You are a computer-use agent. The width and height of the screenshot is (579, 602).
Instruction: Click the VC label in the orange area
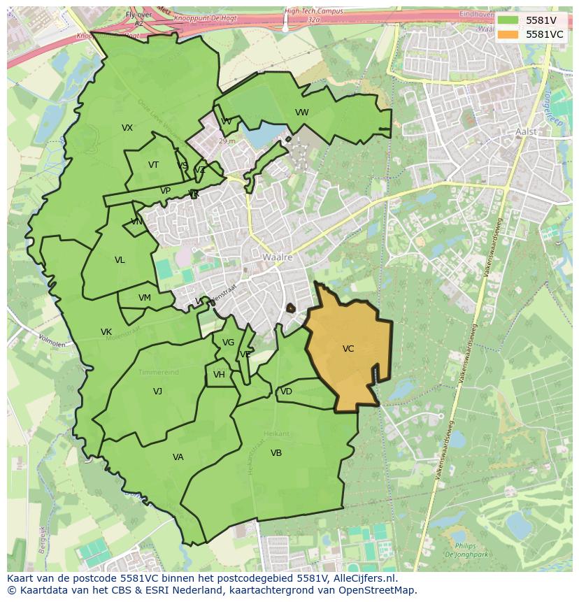(348, 348)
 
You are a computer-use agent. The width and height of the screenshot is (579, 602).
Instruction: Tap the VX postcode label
(127, 128)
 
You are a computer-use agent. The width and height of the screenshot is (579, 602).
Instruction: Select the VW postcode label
(301, 113)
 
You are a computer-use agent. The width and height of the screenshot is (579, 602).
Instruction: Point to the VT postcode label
(153, 165)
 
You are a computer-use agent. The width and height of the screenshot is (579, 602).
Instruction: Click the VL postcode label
(120, 260)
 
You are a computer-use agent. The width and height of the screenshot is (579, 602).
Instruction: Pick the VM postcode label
(144, 298)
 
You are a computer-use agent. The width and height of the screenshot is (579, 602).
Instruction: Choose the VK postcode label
(106, 332)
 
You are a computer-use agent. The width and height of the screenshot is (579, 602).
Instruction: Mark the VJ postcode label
(157, 392)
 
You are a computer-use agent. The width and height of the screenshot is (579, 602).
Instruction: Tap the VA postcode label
(178, 457)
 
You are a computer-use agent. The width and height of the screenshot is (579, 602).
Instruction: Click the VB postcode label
(276, 453)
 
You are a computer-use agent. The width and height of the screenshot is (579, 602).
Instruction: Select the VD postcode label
(286, 392)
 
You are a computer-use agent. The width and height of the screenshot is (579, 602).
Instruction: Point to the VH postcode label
(219, 375)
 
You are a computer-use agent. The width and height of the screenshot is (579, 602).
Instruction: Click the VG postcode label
(228, 343)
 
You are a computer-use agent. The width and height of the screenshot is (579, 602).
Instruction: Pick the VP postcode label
(165, 191)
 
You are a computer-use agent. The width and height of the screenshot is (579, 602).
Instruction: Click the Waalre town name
(277, 257)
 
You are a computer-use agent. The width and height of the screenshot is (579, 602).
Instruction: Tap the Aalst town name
(526, 131)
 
